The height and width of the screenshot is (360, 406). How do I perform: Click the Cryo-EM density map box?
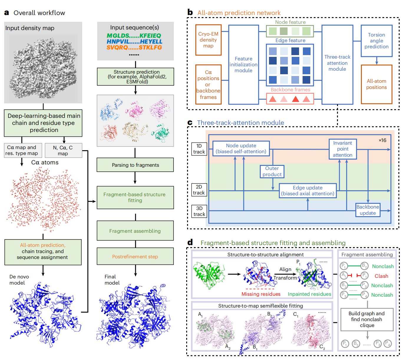tap(208, 40)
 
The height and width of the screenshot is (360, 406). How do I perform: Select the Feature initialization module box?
tap(243, 65)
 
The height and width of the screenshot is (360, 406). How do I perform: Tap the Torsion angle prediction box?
tap(376, 41)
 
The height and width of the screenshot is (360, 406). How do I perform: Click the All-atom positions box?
tap(376, 84)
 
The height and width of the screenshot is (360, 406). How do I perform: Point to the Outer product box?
tap(272, 171)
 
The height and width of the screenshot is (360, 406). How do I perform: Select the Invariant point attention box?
tap(343, 149)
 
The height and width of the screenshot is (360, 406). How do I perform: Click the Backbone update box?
tap(368, 210)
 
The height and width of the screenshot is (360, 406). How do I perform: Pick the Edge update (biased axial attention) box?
tap(308, 191)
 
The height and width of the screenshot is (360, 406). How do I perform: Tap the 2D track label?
tap(199, 190)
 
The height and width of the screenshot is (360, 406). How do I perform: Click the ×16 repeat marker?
tap(382, 140)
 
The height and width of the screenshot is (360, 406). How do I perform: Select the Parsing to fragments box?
tap(135, 165)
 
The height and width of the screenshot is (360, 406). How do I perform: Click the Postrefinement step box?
tap(135, 257)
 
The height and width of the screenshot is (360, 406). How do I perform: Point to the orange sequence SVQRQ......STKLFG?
tap(134, 47)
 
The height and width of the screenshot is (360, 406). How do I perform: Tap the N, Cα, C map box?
tap(63, 150)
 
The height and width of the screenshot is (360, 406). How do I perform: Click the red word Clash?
tap(381, 276)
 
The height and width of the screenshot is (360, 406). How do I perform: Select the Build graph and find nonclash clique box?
tap(367, 319)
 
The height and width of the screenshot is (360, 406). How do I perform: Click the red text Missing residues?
tap(261, 294)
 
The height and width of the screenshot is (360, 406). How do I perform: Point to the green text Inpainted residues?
tap(309, 294)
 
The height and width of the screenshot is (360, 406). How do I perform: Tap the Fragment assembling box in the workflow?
tap(135, 231)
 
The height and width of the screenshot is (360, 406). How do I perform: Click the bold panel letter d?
tap(190, 242)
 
